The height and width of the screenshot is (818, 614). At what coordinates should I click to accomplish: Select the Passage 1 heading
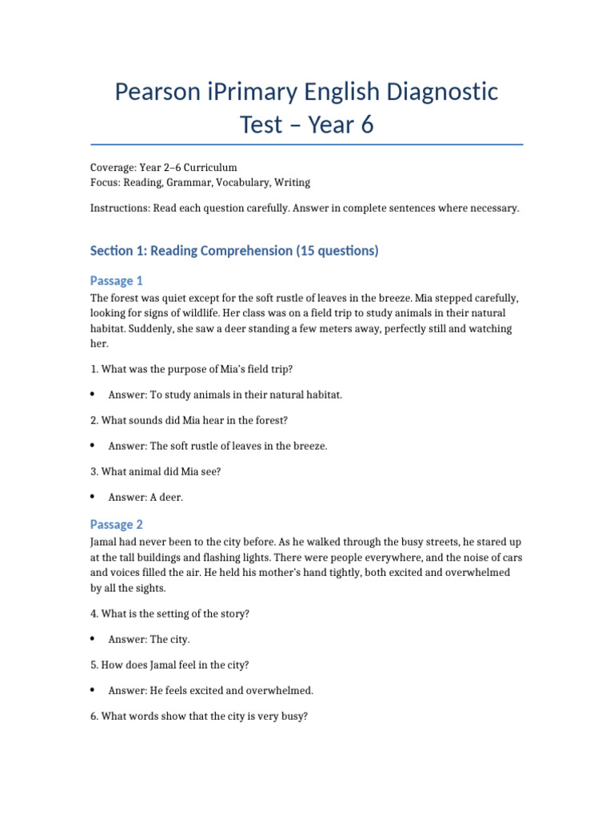117,280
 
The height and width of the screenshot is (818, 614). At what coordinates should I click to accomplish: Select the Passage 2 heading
117,524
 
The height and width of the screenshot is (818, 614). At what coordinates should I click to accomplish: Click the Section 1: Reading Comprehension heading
234,251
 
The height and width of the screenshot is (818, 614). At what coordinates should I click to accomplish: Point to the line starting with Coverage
164,168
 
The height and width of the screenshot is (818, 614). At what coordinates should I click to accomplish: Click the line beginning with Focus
200,183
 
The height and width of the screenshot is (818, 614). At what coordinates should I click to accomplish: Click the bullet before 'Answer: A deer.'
94,497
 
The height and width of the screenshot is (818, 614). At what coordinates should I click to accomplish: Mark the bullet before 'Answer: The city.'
94,639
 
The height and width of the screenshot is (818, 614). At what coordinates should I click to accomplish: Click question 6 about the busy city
198,717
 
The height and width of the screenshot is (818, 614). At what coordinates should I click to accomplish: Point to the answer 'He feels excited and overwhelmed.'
211,690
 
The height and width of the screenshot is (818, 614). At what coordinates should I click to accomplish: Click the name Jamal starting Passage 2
106,542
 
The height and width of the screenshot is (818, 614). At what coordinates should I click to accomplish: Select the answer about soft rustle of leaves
217,446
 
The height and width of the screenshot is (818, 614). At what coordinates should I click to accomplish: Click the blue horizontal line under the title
307,145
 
